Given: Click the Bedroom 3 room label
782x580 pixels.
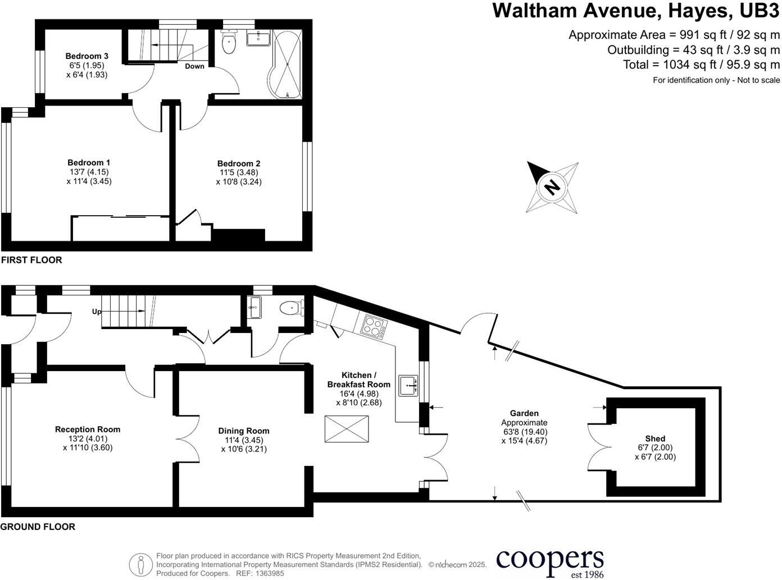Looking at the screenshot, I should coord(87,56).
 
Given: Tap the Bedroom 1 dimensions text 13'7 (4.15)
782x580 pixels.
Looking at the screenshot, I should coord(89,172).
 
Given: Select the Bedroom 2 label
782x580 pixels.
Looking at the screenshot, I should coord(239,163).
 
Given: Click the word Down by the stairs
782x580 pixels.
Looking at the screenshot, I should coord(194,66).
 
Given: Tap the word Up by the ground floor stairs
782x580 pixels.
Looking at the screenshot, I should coord(97,311).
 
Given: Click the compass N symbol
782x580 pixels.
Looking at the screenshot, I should coord(552,187).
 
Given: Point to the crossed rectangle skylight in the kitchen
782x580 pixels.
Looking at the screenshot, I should coord(347,430).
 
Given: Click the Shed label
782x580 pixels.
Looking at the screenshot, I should coord(655,439).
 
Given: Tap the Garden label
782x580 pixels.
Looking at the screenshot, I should coord(524,413).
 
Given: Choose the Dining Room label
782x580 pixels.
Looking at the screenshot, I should coord(244,431).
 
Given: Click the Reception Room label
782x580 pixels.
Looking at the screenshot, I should coord(88,429).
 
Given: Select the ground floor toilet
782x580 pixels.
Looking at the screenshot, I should coord(292,308).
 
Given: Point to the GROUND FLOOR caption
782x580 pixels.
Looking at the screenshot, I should coord(38,527).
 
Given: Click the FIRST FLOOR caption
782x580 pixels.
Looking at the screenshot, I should coord(31,260).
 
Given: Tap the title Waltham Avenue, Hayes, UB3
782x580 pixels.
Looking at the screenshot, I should coord(636,11).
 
